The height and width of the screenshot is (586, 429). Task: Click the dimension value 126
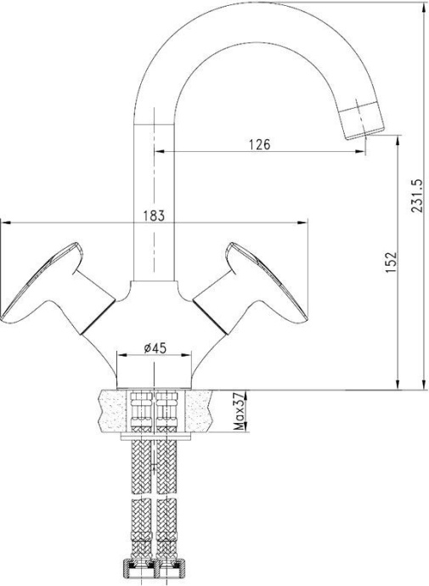(x=259, y=144)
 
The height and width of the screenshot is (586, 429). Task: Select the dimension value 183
(x=153, y=216)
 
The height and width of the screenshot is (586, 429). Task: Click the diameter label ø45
(x=154, y=347)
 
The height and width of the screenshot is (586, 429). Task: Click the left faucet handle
(x=51, y=285)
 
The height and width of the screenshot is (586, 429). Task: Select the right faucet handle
(x=256, y=285)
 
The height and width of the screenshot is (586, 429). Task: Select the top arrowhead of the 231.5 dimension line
(x=423, y=5)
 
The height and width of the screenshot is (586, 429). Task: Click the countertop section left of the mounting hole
(x=109, y=411)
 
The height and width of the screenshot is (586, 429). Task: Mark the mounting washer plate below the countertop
(x=154, y=437)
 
